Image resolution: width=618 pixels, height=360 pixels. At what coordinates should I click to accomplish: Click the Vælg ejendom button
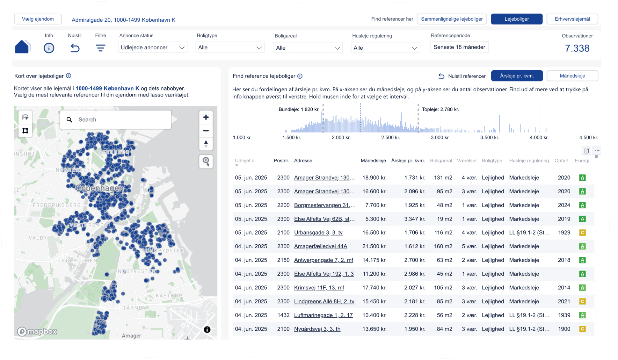(x=38, y=19)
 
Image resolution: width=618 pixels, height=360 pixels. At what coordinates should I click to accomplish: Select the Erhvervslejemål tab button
(x=572, y=19)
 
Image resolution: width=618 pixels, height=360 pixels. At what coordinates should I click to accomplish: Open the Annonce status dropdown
(x=152, y=48)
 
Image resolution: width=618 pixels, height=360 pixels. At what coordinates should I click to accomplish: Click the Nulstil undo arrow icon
(x=75, y=48)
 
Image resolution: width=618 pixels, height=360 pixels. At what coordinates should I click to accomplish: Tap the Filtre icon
(x=101, y=48)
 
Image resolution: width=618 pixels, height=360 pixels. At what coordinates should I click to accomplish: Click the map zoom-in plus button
(x=206, y=117)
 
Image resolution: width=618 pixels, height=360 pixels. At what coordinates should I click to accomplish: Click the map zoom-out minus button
(x=206, y=131)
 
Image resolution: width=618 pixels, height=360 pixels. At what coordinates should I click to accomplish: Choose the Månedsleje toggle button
(x=572, y=76)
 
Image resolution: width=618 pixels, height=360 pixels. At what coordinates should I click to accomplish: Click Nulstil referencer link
(x=462, y=76)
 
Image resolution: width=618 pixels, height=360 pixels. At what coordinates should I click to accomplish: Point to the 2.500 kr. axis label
(x=390, y=138)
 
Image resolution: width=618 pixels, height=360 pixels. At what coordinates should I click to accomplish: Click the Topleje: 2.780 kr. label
(x=440, y=109)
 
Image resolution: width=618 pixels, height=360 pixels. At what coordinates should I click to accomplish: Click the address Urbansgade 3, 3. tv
(x=318, y=233)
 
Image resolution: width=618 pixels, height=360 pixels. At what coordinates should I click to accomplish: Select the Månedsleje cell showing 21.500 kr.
(x=374, y=246)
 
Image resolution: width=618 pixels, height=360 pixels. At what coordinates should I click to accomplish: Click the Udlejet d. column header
(x=245, y=161)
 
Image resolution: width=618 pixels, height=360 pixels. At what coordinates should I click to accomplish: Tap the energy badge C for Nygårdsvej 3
(x=582, y=329)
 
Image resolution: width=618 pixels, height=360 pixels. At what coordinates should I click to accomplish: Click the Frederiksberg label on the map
(x=57, y=205)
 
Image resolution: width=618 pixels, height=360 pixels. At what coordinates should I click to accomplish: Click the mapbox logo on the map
(x=37, y=331)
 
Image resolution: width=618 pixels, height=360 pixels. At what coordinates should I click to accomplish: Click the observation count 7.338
(x=577, y=48)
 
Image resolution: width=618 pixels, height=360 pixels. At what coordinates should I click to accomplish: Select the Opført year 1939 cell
(x=564, y=315)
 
